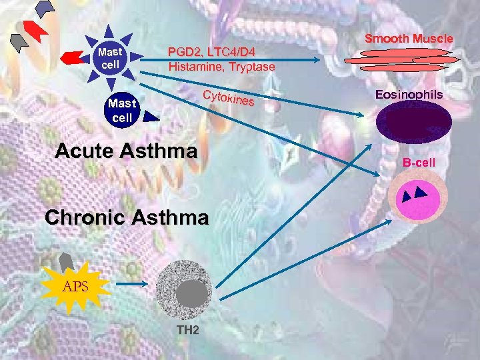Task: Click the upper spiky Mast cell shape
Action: [107, 57]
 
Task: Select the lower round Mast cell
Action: [122, 111]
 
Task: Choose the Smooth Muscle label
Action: [409, 39]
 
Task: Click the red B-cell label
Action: [419, 162]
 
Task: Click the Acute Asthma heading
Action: [127, 151]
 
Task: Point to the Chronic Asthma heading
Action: [127, 217]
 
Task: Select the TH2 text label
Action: [187, 330]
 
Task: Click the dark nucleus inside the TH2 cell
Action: [193, 294]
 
